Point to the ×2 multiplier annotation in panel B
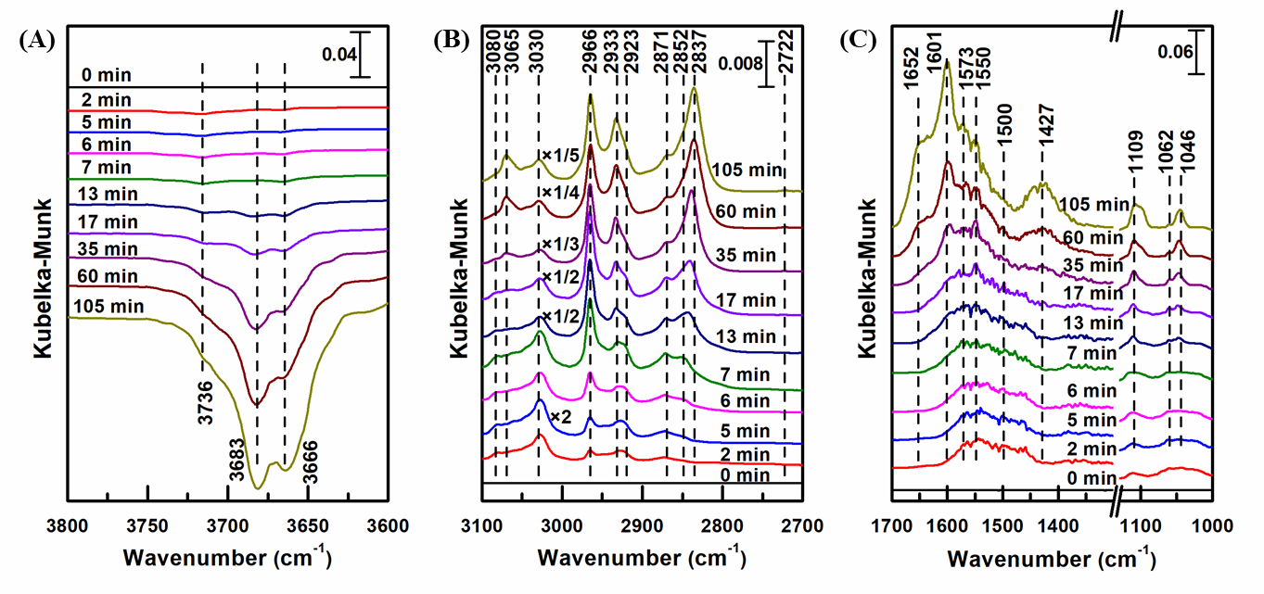(559, 416)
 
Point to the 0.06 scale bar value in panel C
(1174, 52)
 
